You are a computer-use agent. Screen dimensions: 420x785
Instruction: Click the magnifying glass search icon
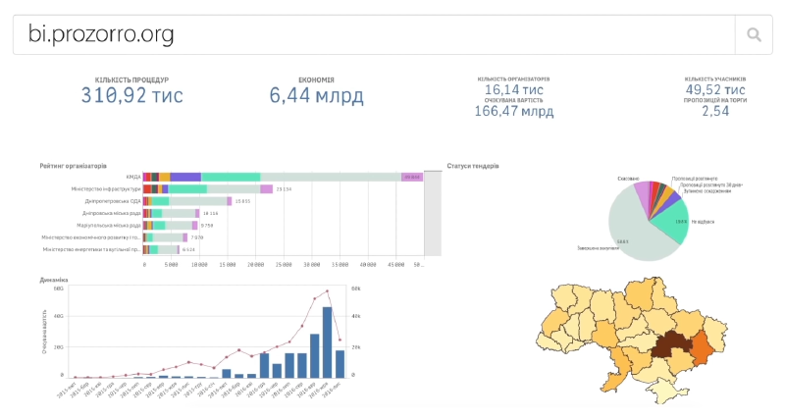click(754, 35)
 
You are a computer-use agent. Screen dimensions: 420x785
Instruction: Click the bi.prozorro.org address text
click(101, 35)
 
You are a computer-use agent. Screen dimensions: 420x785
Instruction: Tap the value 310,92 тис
click(131, 96)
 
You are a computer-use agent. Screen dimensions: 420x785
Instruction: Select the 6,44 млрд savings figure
click(316, 96)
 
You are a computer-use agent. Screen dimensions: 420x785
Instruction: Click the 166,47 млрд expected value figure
click(513, 111)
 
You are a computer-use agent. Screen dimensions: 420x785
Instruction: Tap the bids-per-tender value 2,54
click(715, 111)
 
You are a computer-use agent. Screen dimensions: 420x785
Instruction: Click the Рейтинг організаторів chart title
click(74, 166)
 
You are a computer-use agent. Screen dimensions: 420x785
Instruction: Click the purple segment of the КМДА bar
click(185, 177)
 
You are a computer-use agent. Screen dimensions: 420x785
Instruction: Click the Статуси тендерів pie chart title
click(472, 166)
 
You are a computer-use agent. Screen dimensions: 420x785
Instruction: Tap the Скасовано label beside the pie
click(628, 178)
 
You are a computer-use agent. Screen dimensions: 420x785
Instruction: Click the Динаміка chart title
click(54, 279)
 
